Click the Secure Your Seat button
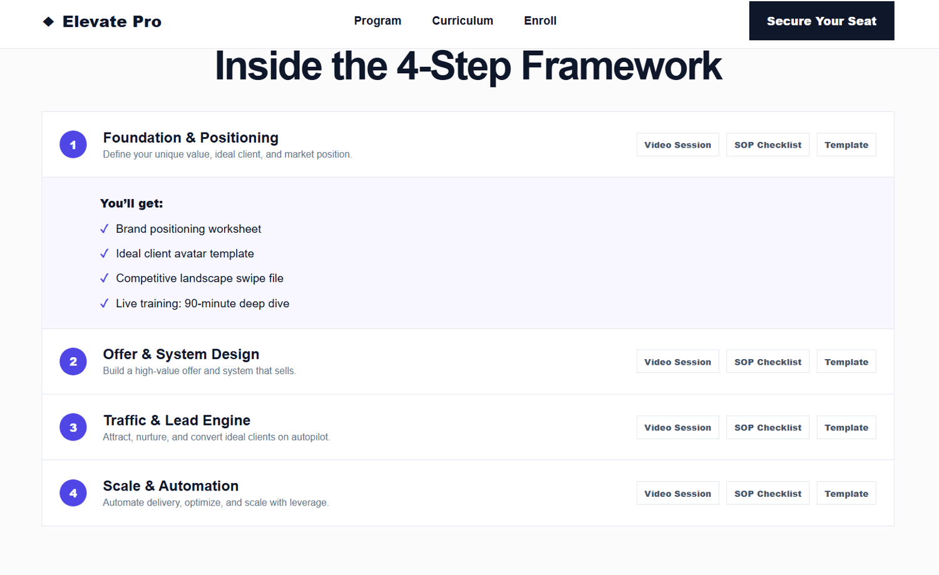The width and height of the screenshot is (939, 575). coord(821,21)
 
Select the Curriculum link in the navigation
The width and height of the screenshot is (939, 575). coord(463,21)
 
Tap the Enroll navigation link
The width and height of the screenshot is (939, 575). coord(540,21)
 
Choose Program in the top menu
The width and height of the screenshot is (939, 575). coord(377,21)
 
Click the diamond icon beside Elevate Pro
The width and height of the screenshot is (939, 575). coord(49,21)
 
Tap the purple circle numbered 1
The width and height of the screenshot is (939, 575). coord(73,145)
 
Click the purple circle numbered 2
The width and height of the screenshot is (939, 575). coord(73,361)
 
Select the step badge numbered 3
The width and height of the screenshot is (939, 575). coord(73,427)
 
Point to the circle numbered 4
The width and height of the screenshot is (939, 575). coord(73,493)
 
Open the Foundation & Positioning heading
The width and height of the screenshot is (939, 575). coord(191,138)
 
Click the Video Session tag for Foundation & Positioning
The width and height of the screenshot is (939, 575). coord(678,145)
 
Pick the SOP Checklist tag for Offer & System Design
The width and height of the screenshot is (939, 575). coord(767,362)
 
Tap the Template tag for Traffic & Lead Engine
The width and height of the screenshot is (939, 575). coord(846,427)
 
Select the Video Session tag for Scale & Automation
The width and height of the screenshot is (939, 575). coord(678,493)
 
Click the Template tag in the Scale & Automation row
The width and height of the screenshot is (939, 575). coord(846,493)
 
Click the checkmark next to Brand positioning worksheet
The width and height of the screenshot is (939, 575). coord(105,229)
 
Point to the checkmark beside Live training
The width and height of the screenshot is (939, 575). coord(105,303)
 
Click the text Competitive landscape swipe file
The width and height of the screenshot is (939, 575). coord(200,278)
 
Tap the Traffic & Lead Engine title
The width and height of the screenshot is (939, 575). coord(177,420)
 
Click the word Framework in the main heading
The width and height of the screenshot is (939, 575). coord(621,66)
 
